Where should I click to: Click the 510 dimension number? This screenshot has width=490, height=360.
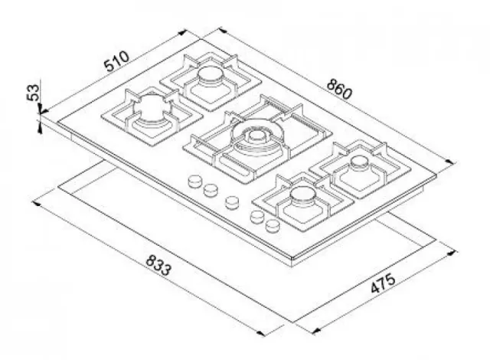116,61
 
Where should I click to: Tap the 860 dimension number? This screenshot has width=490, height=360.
339,89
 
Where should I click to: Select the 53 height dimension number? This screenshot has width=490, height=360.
33,93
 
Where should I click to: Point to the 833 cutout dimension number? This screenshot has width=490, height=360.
158,265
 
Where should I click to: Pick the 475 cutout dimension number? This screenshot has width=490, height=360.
383,283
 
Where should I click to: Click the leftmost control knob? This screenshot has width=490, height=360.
195,181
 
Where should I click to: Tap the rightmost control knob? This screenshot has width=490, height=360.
273,225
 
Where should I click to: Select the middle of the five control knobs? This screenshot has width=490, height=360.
232,202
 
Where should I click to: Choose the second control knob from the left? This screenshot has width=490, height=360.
211,190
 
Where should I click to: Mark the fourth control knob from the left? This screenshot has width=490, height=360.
257,217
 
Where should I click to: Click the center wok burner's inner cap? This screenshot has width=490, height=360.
256,136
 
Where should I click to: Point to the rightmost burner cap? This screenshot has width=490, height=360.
359,162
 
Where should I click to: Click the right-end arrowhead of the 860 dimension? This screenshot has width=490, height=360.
449,162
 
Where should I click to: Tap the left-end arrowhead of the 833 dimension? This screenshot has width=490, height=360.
36,204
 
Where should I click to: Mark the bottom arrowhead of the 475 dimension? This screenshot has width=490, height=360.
316,331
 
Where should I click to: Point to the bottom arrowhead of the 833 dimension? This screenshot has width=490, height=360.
260,333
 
